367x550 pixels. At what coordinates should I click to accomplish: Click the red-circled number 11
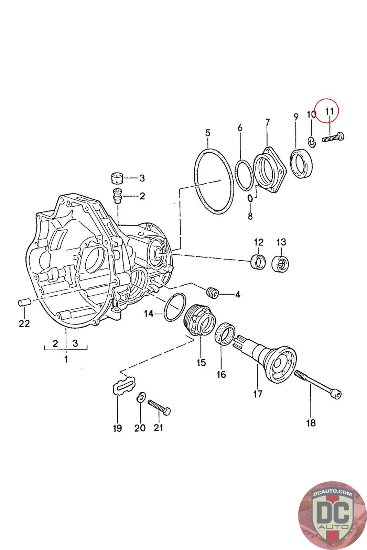coord(329,111)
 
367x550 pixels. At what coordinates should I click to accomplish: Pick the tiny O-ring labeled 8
coord(250,198)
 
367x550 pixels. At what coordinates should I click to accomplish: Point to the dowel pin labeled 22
coord(24,303)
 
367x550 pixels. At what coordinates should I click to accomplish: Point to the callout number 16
coord(222,374)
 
